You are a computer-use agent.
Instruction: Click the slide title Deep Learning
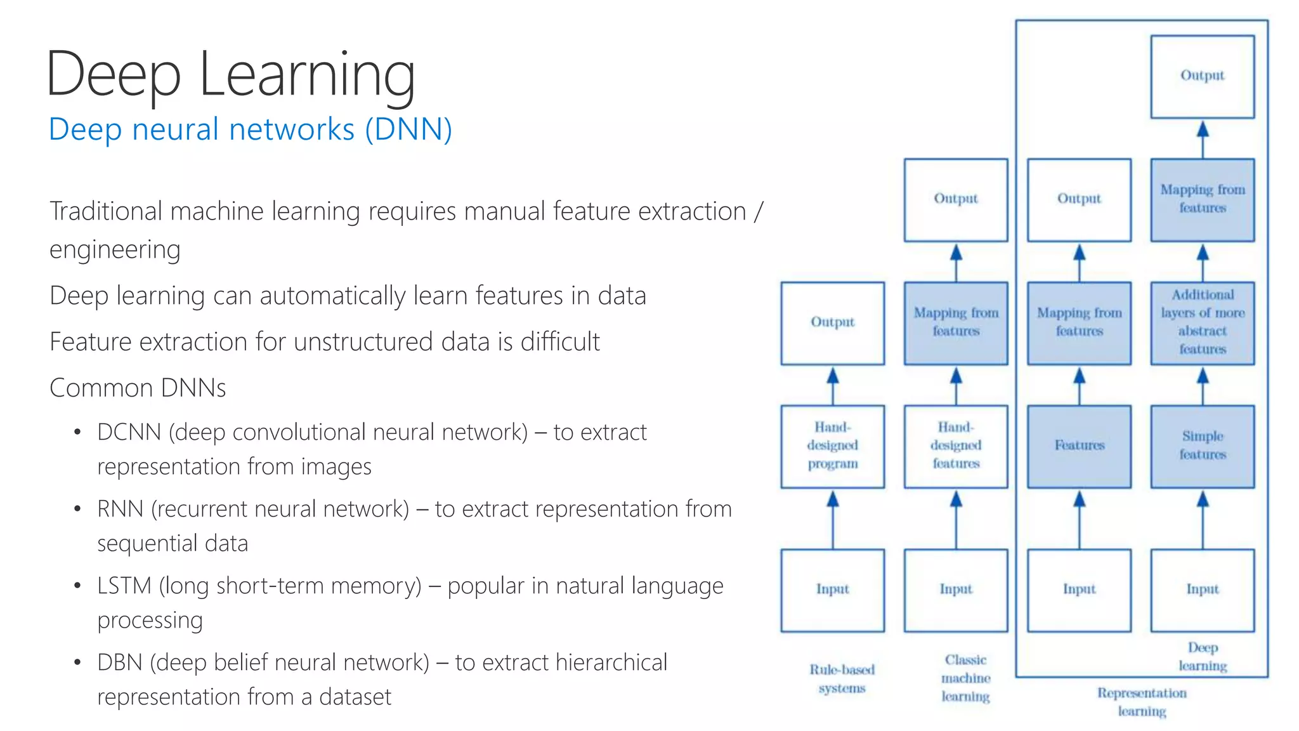click(x=230, y=75)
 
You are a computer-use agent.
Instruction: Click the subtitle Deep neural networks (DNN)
click(x=250, y=129)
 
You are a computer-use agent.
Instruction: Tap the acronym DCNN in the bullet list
click(x=129, y=432)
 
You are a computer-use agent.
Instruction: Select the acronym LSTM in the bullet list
click(x=124, y=586)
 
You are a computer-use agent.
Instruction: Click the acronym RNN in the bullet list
click(x=120, y=509)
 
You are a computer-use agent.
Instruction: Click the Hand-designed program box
click(x=832, y=446)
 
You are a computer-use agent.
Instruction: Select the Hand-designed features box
click(x=956, y=446)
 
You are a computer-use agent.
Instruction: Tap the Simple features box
click(x=1202, y=446)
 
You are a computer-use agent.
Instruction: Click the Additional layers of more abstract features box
click(x=1202, y=322)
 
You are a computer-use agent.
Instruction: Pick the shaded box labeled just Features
click(x=1079, y=446)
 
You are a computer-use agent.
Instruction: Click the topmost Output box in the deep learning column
click(x=1202, y=76)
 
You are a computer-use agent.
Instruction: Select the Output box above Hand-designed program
click(x=832, y=322)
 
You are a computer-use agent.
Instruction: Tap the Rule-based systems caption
click(x=842, y=679)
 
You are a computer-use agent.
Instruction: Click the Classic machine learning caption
click(x=965, y=678)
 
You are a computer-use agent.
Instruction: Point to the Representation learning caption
click(x=1142, y=702)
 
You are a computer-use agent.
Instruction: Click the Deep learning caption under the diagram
click(x=1203, y=657)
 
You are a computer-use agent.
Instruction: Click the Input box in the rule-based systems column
click(x=832, y=589)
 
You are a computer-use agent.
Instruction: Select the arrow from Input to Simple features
click(x=1203, y=520)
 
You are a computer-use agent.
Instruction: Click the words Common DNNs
click(x=138, y=388)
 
